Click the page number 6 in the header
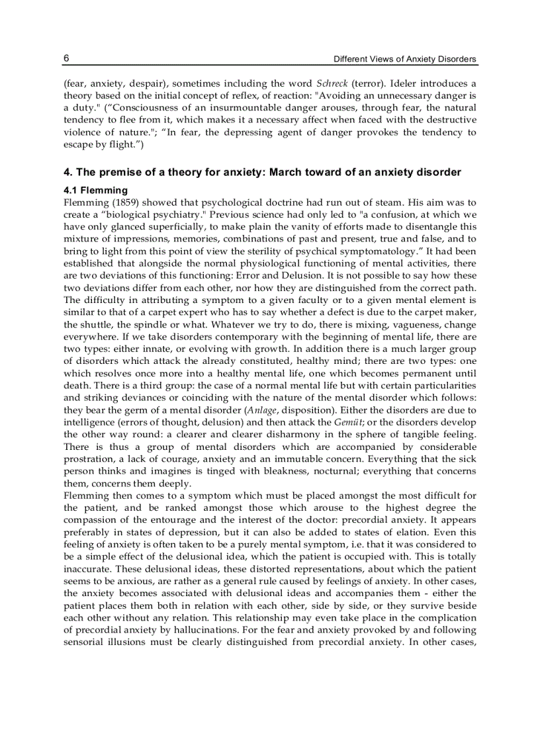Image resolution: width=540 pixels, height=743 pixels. pyautogui.click(x=66, y=58)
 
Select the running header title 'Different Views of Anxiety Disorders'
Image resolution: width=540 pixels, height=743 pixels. pyautogui.click(x=404, y=59)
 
